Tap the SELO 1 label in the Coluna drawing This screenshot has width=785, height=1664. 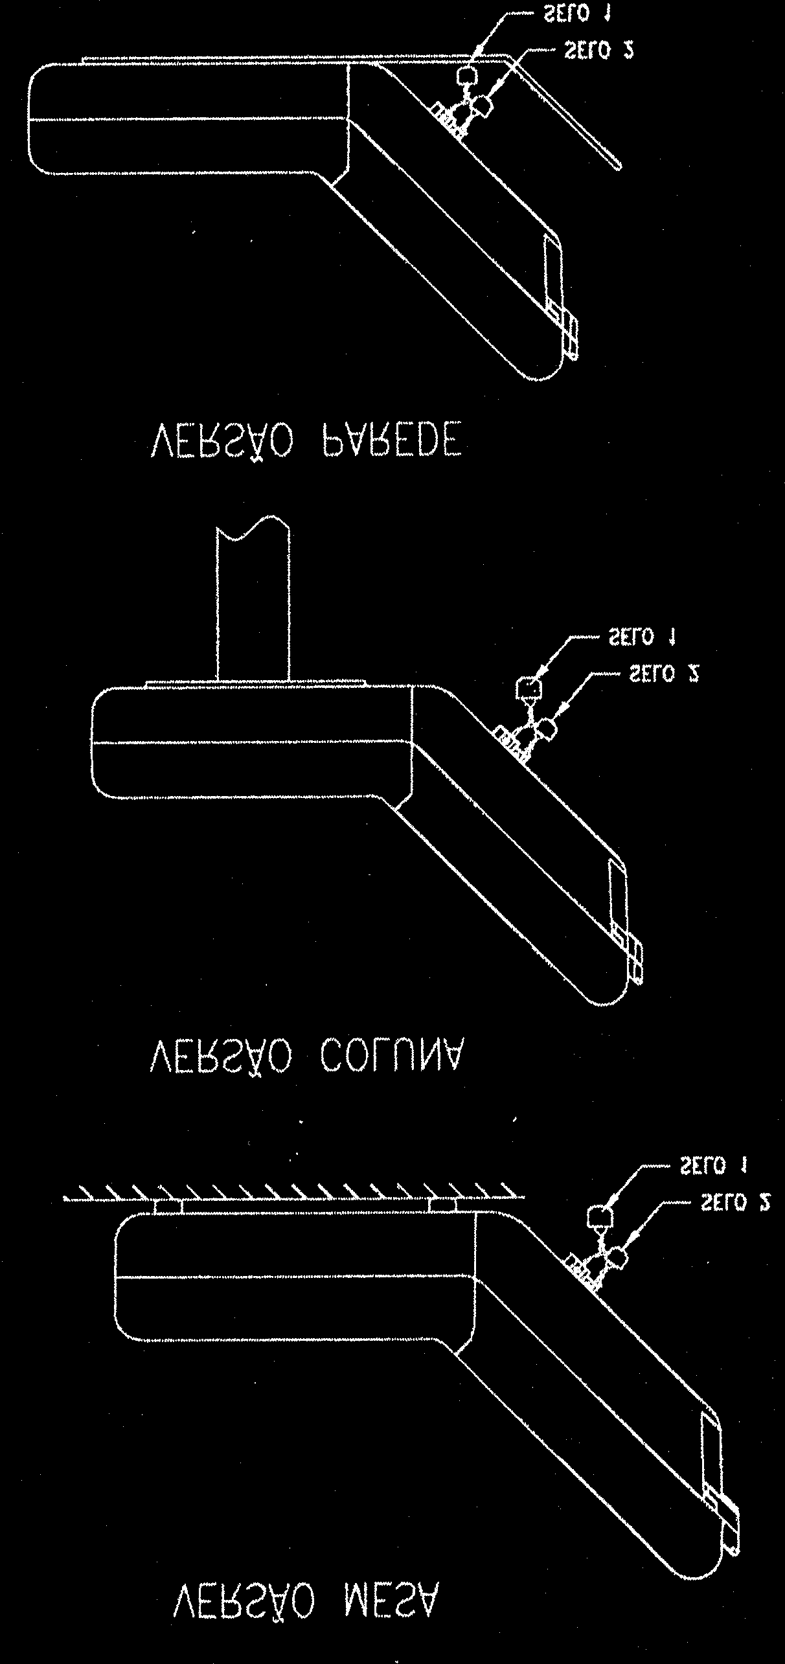[641, 637]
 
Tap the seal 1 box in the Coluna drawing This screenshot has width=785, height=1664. [529, 687]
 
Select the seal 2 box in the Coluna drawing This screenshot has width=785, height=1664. [549, 729]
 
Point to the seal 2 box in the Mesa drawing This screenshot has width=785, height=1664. [620, 1257]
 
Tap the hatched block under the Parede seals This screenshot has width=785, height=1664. [449, 118]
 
